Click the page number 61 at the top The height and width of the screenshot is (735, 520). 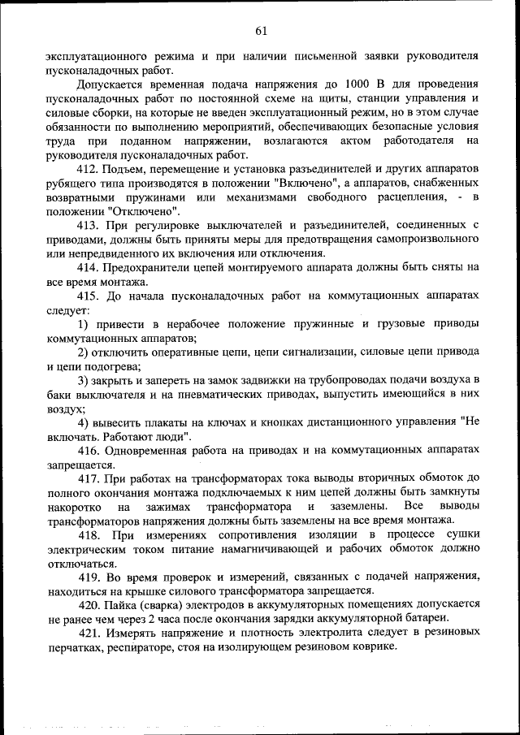tap(261, 31)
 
